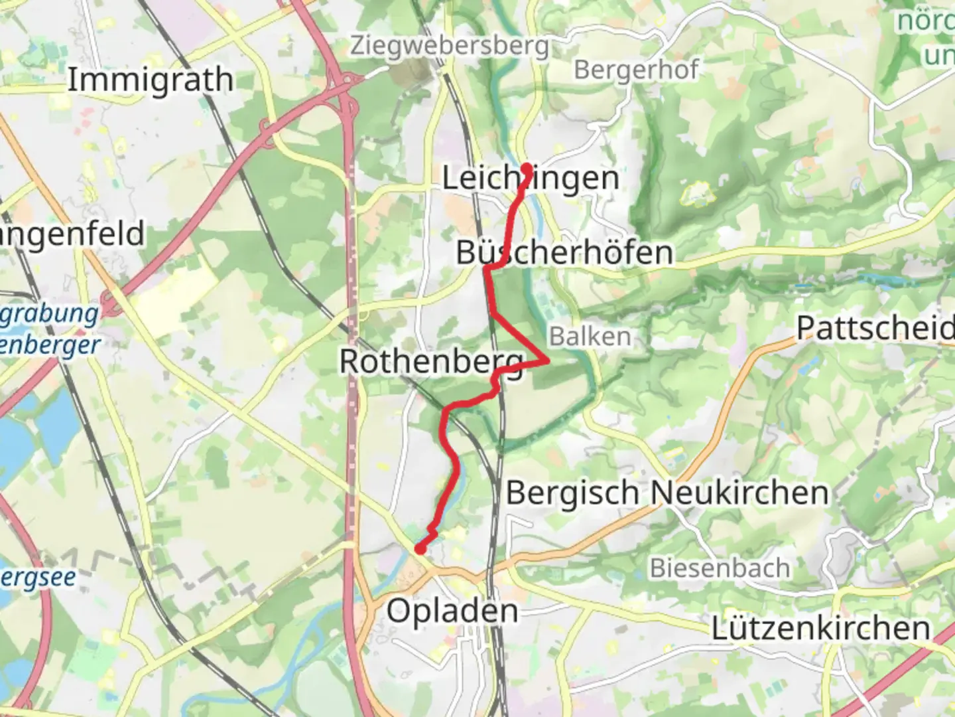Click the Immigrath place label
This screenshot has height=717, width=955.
(151, 80)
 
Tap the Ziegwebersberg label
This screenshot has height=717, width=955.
(450, 46)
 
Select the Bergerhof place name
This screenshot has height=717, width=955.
(636, 69)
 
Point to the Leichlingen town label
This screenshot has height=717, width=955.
(531, 178)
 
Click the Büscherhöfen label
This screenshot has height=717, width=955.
(564, 253)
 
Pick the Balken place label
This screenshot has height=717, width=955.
(590, 337)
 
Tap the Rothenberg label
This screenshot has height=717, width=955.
(431, 362)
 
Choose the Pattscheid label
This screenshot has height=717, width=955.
(874, 328)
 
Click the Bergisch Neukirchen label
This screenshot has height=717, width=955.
(667, 493)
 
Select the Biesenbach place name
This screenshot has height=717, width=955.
(720, 568)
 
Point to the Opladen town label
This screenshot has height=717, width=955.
(452, 611)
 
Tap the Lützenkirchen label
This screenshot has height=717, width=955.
(820, 628)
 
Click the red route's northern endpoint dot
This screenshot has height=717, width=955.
(527, 169)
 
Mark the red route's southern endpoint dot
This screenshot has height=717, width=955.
(420, 548)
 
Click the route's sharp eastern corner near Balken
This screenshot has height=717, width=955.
(548, 361)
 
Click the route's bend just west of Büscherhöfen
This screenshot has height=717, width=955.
(488, 269)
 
